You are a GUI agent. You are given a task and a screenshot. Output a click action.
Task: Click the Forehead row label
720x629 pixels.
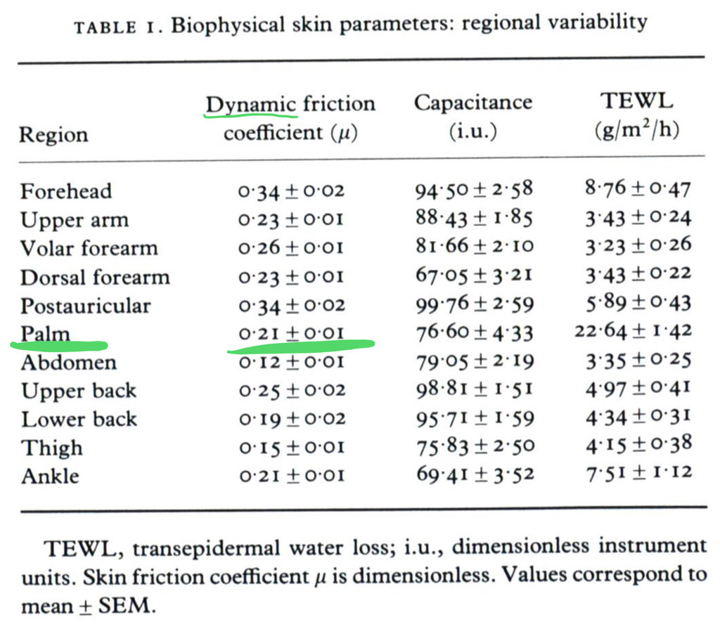click(66, 191)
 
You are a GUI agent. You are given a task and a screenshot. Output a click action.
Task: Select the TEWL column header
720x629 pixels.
click(636, 101)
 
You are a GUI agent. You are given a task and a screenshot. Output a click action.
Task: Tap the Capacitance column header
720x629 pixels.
click(472, 103)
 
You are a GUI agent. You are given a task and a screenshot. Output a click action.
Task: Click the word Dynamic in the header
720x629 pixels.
click(250, 105)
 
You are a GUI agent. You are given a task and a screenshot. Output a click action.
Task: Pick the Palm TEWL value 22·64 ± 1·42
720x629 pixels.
click(633, 331)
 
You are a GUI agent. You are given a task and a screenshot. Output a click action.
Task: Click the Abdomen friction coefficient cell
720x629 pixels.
click(291, 363)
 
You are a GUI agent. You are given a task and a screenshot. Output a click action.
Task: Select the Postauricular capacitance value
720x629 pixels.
click(474, 304)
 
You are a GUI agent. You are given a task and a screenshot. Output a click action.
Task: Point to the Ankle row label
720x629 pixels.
click(50, 476)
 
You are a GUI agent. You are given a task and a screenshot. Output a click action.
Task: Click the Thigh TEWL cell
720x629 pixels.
click(637, 445)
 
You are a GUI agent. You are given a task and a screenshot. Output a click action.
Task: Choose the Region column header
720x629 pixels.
click(53, 134)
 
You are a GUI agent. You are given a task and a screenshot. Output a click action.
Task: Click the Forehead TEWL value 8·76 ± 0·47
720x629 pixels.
click(637, 189)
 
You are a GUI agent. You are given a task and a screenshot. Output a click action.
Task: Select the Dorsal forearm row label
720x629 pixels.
click(95, 277)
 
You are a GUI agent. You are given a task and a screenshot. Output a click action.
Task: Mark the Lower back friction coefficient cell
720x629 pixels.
click(291, 419)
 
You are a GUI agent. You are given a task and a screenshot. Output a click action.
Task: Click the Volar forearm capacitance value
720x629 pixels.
click(474, 247)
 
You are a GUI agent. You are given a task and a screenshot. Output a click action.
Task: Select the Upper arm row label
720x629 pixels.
click(75, 220)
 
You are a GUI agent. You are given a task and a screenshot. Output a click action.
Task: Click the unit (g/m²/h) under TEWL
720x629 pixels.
click(636, 131)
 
